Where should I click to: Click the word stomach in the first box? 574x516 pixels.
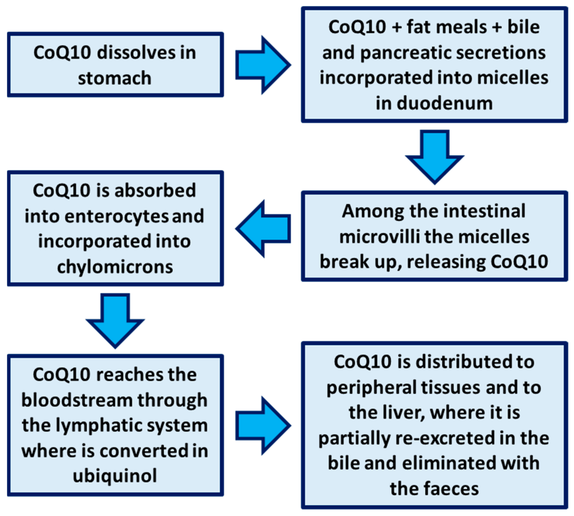pyautogui.click(x=114, y=79)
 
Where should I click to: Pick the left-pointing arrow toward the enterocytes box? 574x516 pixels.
pyautogui.click(x=262, y=229)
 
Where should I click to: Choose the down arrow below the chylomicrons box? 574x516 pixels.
pyautogui.click(x=115, y=320)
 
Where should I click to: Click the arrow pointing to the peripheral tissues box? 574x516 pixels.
pyautogui.click(x=262, y=425)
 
